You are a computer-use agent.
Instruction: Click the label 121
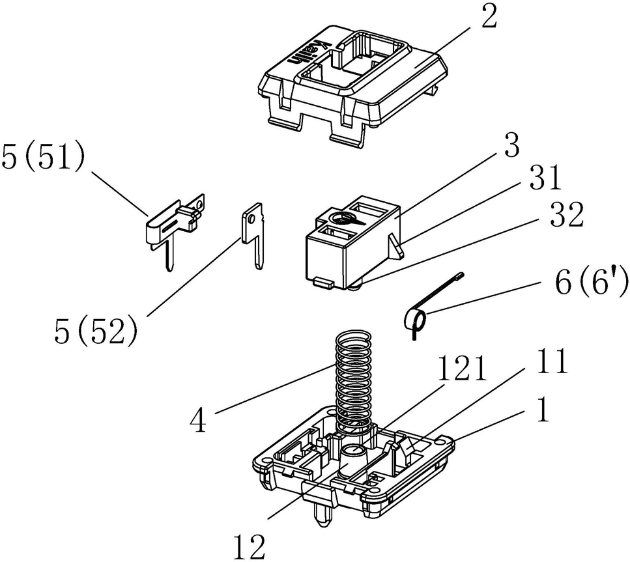tap(462, 369)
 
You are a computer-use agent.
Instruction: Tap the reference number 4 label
tap(198, 420)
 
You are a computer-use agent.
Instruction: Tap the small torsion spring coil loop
tap(415, 321)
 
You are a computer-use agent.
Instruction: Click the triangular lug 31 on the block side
tap(395, 246)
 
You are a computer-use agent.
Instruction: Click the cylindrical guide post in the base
tap(352, 460)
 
